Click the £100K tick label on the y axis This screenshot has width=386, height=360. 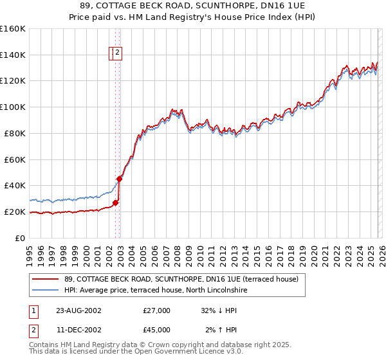[x=12, y=107]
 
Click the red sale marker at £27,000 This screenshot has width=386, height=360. [x=116, y=203]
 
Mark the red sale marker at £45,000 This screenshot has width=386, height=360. [x=120, y=179]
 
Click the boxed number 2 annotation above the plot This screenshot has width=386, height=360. [x=119, y=54]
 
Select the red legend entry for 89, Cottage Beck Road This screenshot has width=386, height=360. [x=181, y=280]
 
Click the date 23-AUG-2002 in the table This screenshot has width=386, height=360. [x=78, y=310]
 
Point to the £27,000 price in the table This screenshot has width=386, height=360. [x=156, y=310]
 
